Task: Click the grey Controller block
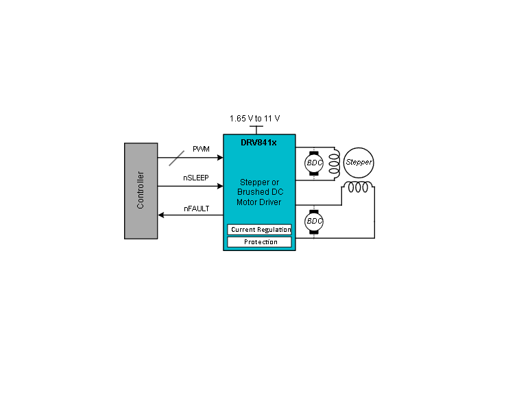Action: [141, 191]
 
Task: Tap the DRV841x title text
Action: [258, 143]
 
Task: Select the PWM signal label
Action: [201, 149]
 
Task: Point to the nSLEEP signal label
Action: [196, 178]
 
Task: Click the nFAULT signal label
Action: [197, 208]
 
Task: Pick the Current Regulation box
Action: [259, 229]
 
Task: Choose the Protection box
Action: [259, 242]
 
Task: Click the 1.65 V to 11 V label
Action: [254, 119]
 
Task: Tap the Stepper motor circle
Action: [359, 163]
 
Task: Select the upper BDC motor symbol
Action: [314, 163]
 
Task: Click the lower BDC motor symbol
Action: [314, 222]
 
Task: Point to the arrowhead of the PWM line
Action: [220, 158]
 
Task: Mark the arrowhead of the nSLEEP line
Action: [220, 186]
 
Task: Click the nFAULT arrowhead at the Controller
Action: [161, 215]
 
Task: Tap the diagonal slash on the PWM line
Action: [177, 158]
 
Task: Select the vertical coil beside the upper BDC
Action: [335, 164]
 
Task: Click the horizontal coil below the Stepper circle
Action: [358, 187]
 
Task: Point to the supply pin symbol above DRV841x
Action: [256, 130]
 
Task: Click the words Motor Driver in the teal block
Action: [259, 202]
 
